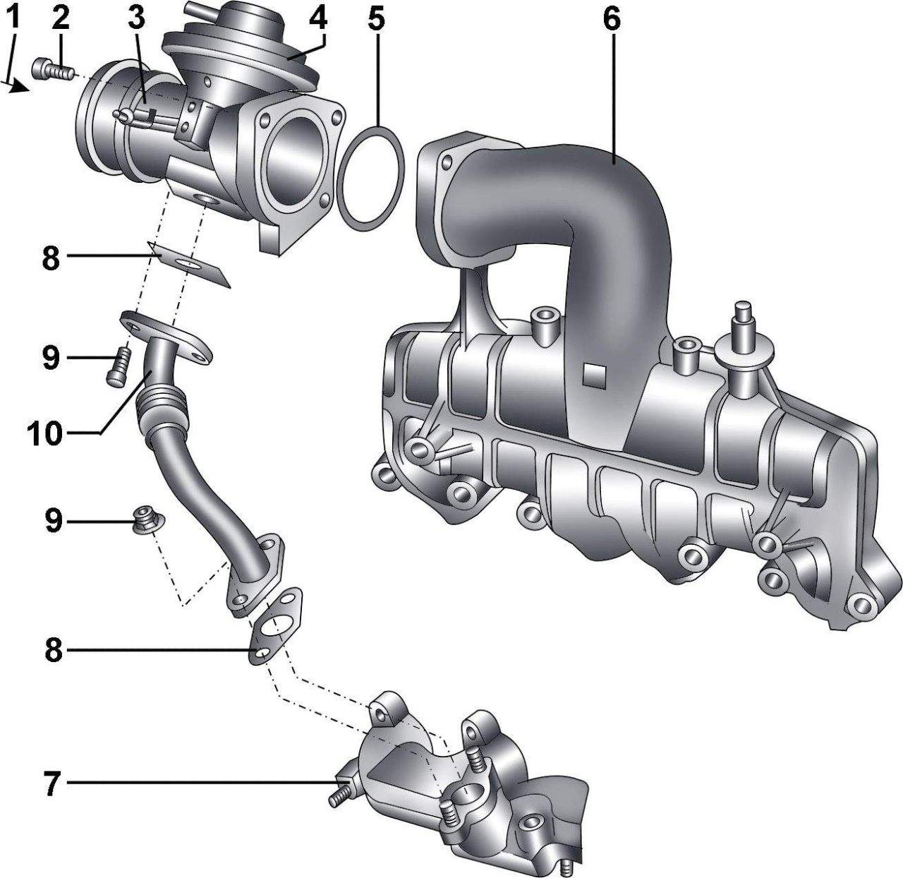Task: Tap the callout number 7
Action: pyautogui.click(x=52, y=783)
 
